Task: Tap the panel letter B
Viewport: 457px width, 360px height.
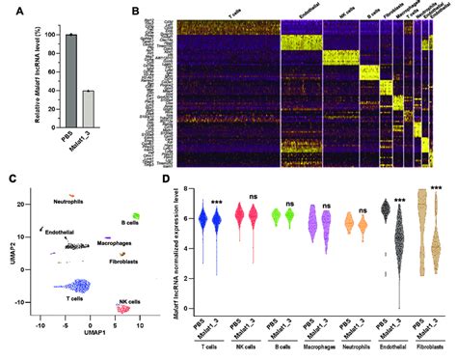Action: pyautogui.click(x=137, y=13)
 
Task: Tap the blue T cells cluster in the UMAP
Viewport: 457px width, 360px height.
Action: pyautogui.click(x=73, y=287)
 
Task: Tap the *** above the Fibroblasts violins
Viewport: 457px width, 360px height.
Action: pyautogui.click(x=437, y=188)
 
